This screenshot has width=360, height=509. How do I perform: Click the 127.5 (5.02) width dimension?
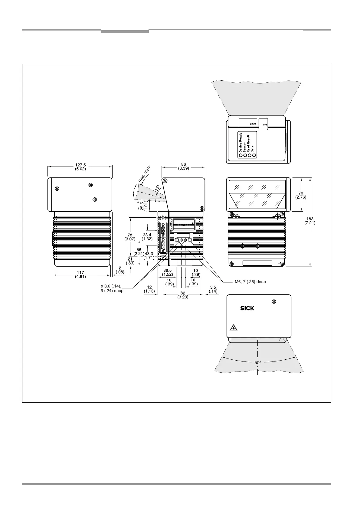[x=80, y=167]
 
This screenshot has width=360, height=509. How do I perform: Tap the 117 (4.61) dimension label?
[x=80, y=274]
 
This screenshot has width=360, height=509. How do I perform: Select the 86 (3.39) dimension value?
[x=184, y=166]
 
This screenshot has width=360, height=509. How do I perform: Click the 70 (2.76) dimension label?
[x=300, y=195]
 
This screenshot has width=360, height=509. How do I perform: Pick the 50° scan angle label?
[x=258, y=362]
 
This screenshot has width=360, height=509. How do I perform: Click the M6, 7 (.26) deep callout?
[x=250, y=282]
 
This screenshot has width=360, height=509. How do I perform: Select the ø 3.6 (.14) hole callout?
[x=112, y=288]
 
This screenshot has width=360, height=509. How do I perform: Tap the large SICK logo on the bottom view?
[x=247, y=308]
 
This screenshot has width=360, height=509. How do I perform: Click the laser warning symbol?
[x=233, y=327]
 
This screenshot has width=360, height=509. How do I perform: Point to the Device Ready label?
[x=241, y=142]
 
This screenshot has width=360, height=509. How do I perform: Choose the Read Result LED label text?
[x=249, y=144]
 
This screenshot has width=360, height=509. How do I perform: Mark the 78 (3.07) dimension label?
[x=130, y=237]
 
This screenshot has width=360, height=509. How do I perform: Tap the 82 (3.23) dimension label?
[x=183, y=295]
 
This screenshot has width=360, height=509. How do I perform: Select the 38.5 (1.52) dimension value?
[x=168, y=272]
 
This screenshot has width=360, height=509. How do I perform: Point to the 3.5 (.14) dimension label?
[x=213, y=289]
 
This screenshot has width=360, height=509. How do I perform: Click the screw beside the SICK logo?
[x=274, y=301]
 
